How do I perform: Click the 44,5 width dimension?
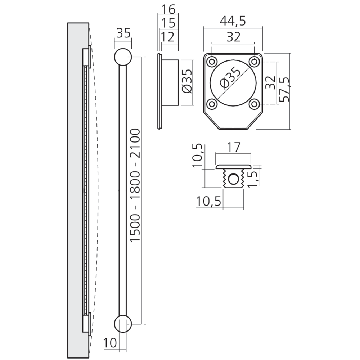(233, 21)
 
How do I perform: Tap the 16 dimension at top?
(168, 9)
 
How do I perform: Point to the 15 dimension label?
(168, 23)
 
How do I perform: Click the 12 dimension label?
(168, 37)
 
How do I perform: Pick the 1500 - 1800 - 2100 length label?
(135, 185)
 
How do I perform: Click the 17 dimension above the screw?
(233, 148)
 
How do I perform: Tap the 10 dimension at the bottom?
(110, 343)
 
